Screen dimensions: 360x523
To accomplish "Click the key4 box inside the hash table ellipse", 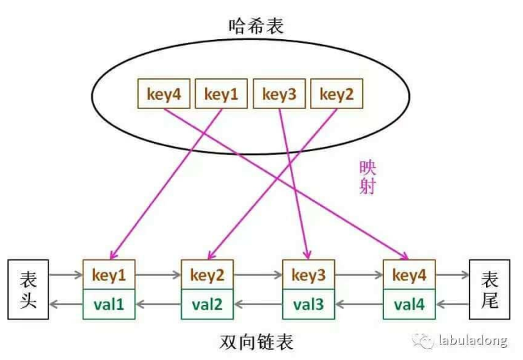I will [163, 93].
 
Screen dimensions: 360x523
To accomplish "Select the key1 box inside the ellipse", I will [221, 93].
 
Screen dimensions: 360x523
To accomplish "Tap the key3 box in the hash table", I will [279, 93].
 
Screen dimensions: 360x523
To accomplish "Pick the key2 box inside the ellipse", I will [336, 93].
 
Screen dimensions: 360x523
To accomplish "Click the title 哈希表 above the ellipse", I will [257, 27].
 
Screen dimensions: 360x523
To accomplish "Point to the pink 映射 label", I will [367, 178].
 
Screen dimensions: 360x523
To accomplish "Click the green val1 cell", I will [109, 305].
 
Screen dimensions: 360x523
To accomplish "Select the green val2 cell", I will [207, 305].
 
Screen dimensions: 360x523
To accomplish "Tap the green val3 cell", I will [308, 305].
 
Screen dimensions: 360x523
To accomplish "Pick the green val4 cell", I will [409, 305].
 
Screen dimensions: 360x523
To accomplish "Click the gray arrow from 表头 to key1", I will [66, 273].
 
